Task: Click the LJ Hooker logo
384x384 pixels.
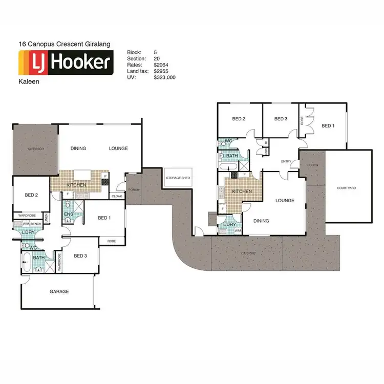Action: (66, 63)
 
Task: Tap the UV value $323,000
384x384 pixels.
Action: (164, 77)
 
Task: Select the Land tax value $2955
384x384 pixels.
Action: (161, 71)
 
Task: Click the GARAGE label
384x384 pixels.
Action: (59, 291)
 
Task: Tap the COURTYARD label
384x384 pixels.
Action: (346, 188)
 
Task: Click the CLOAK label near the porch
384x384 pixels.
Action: (116, 196)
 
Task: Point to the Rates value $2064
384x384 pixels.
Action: (161, 65)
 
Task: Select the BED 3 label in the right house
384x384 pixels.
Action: (281, 119)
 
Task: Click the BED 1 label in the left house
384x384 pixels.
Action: (104, 218)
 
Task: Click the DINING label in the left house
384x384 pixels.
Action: (78, 148)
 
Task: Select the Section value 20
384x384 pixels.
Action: (156, 58)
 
